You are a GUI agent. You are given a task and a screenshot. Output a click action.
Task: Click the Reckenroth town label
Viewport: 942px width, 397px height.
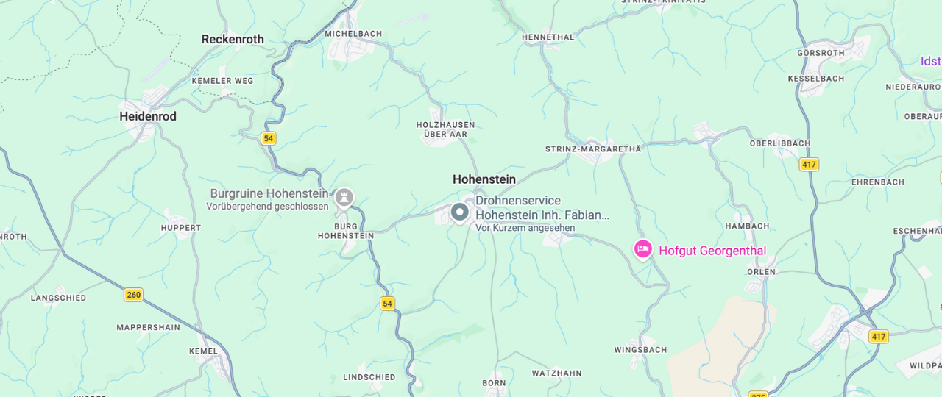[x=233, y=40]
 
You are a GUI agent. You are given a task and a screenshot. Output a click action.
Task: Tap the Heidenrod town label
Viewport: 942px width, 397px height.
[x=148, y=116]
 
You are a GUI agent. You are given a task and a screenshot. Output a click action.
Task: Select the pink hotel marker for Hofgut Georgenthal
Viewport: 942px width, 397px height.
[x=643, y=249]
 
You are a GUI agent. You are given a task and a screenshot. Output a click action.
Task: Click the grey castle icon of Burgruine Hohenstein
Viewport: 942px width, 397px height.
[x=344, y=197]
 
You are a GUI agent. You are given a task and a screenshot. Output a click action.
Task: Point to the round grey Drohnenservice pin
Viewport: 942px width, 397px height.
[x=460, y=212]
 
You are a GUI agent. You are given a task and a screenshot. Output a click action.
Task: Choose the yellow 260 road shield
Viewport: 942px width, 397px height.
[x=133, y=295]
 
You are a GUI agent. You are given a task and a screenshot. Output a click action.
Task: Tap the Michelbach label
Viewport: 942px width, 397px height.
[x=353, y=34]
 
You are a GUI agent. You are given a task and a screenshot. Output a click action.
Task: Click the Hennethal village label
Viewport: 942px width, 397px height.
[x=548, y=37]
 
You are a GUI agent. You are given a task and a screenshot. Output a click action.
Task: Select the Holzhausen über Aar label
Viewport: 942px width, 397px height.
[x=445, y=129]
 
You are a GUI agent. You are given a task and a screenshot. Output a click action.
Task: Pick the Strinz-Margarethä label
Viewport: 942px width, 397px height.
[x=593, y=149]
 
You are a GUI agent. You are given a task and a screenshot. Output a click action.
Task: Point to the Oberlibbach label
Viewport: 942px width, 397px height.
[x=779, y=143]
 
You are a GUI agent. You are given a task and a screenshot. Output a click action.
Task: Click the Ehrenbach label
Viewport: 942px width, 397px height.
[x=877, y=182]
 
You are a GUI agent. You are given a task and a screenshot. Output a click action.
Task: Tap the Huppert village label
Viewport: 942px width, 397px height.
[x=181, y=228]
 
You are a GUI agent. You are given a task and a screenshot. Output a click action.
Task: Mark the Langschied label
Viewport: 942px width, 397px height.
[x=58, y=298]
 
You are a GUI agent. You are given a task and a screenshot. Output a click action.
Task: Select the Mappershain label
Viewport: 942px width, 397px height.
[x=148, y=327]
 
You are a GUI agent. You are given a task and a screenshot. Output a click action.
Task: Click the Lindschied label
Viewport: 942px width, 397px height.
[x=369, y=377]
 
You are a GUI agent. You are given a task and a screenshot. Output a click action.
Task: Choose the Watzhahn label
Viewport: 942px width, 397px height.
[x=556, y=373]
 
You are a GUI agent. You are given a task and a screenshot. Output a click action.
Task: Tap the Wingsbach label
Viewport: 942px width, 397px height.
[x=640, y=350]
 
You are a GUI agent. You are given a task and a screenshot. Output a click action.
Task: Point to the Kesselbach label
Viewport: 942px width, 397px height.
[x=816, y=78]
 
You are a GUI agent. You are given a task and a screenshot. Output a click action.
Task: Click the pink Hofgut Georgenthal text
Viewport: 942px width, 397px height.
[x=712, y=251]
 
